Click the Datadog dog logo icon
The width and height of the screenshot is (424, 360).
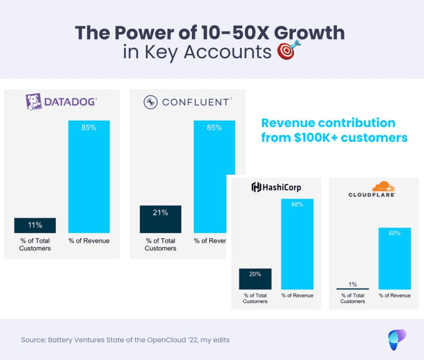click(x=34, y=102)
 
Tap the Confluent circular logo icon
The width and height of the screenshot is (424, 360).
click(x=151, y=102)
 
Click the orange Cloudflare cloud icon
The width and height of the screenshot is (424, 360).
click(x=383, y=186)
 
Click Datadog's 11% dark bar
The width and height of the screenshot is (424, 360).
click(x=35, y=225)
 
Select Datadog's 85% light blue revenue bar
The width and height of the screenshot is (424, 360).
click(x=89, y=177)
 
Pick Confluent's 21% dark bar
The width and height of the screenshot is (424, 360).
click(x=161, y=219)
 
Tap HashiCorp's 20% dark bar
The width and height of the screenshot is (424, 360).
click(x=255, y=278)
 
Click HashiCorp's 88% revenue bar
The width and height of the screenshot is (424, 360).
click(x=297, y=244)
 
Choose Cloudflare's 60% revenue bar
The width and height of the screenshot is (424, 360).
click(x=394, y=258)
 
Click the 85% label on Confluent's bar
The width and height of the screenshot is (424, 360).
click(x=214, y=127)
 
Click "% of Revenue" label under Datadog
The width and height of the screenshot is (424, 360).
click(x=89, y=241)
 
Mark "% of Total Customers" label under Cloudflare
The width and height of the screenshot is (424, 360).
click(x=352, y=298)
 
